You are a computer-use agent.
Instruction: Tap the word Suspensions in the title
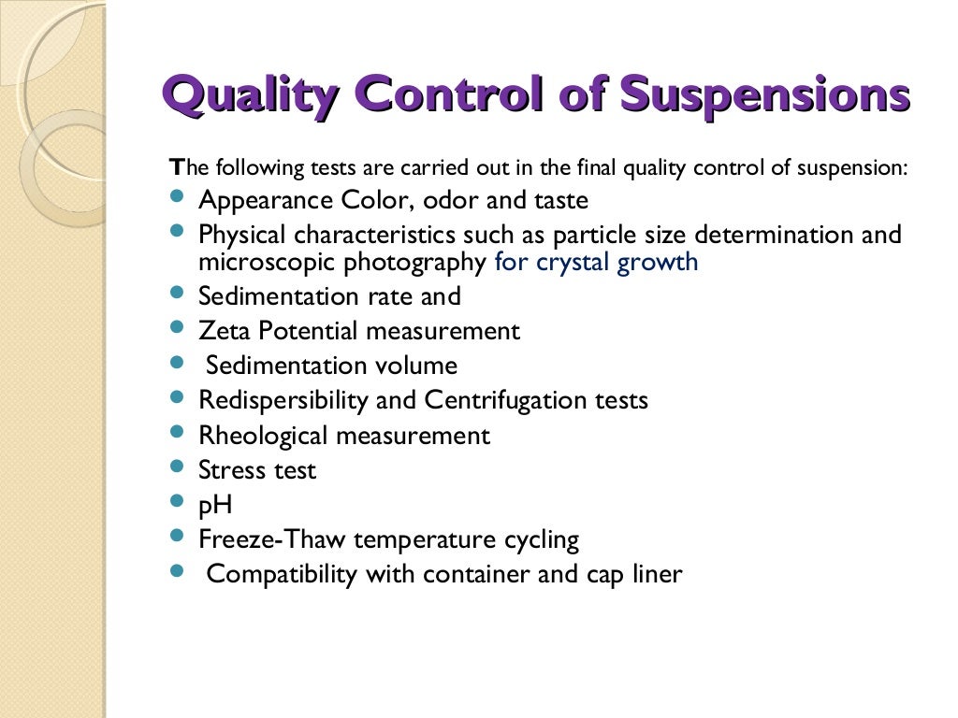click(764, 96)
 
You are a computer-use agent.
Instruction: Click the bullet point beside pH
click(179, 502)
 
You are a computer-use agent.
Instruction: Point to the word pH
click(215, 506)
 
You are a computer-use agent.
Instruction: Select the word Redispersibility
click(283, 401)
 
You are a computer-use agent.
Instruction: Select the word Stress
click(227, 470)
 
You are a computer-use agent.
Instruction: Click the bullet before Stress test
click(179, 467)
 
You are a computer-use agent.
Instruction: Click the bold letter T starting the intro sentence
click(176, 169)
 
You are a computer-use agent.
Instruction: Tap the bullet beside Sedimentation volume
click(179, 362)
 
